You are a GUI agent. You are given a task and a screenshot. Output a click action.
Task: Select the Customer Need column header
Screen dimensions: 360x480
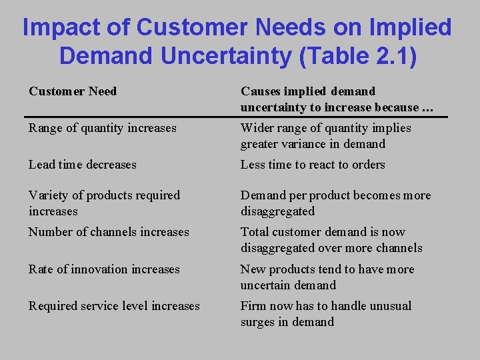point(73,91)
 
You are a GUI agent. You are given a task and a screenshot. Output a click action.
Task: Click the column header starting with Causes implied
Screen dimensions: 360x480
point(330,99)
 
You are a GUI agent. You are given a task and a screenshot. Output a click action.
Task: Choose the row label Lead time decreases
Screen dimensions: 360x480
point(82,165)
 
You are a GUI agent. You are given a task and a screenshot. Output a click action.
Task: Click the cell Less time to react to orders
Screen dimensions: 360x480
point(313,165)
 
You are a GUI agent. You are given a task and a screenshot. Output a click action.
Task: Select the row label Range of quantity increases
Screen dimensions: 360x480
point(102,128)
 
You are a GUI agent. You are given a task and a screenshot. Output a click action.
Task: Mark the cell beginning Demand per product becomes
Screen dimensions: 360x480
point(335,203)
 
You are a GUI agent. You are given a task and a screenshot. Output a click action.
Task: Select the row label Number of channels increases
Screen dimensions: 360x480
point(109,232)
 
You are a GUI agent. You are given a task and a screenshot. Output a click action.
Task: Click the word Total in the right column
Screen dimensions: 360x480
point(254,232)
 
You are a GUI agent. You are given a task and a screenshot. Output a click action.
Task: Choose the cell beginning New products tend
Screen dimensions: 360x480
point(327,277)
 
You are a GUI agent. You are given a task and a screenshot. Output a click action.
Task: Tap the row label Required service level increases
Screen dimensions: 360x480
point(114,306)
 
